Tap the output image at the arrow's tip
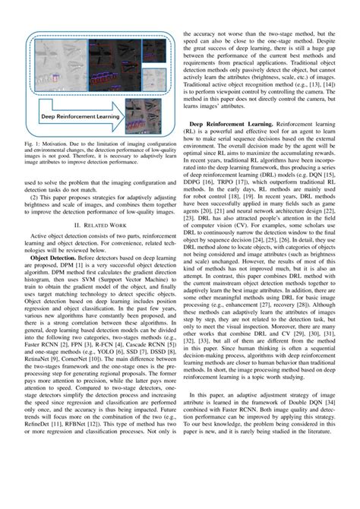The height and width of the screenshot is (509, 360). [147, 115]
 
